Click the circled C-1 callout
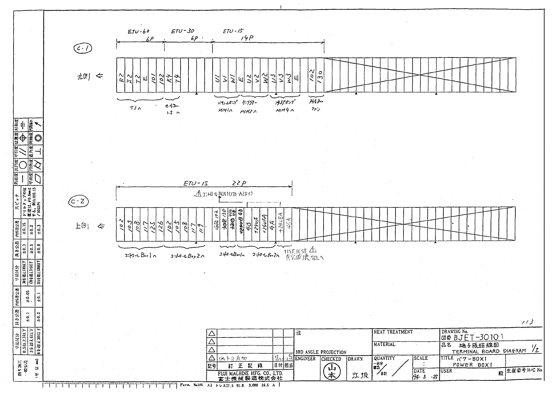[x=83, y=49]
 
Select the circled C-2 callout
[x=79, y=201]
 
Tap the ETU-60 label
[x=138, y=32]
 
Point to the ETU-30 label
[x=183, y=32]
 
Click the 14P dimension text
[x=247, y=38]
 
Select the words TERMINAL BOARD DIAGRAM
[x=489, y=351]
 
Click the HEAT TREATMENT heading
[x=393, y=332]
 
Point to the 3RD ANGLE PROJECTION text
[x=321, y=352]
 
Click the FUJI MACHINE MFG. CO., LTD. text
[x=250, y=373]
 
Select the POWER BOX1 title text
[x=472, y=365]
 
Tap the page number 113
[x=527, y=322]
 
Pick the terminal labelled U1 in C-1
[x=217, y=79]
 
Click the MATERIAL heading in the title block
[x=384, y=344]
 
